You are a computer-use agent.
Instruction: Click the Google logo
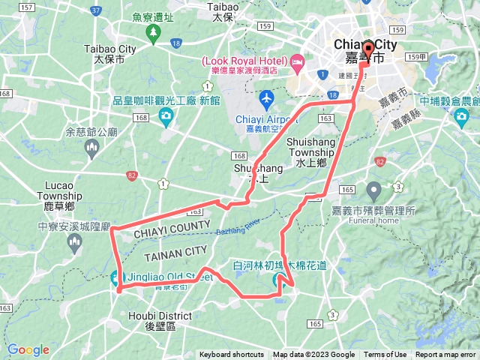coord(28,349)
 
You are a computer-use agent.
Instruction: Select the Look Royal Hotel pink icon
coord(297,59)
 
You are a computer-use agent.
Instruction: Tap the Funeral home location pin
coord(373,190)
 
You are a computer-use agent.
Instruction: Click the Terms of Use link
coord(385,355)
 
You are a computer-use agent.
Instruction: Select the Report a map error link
coord(446,355)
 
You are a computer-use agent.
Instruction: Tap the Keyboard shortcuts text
coord(232,355)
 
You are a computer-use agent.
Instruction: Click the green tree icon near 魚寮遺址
coord(153,32)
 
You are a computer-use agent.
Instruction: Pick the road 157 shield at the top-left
coord(27,7)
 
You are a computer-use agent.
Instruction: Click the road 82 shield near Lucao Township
coord(132,175)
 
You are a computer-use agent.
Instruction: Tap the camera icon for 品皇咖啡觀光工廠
coord(166,114)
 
